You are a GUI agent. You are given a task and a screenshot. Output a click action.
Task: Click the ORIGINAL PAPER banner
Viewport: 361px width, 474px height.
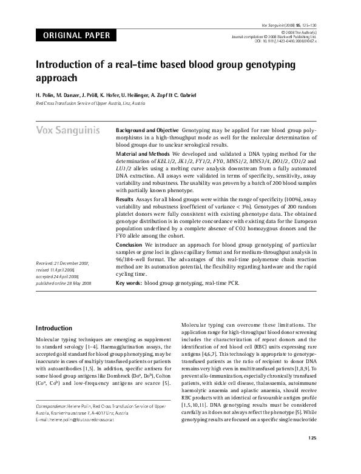(x=76, y=36)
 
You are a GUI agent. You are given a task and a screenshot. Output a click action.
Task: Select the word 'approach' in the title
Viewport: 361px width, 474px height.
(x=58, y=79)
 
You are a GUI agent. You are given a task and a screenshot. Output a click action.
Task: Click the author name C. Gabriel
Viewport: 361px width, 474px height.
(x=200, y=95)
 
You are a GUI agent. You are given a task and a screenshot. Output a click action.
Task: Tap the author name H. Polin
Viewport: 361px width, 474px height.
(x=47, y=95)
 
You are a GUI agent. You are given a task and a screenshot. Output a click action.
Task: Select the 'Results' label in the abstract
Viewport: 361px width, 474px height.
(x=124, y=199)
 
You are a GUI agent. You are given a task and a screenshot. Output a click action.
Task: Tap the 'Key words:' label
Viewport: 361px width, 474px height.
(x=129, y=282)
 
